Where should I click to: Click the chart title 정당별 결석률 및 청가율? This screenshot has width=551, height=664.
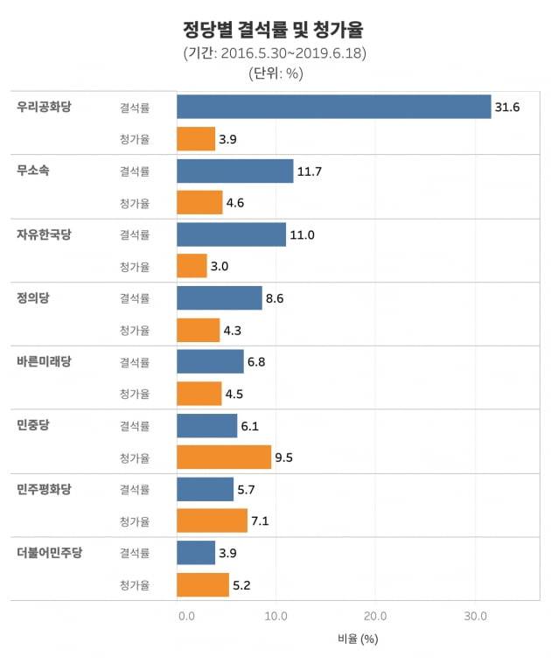275,30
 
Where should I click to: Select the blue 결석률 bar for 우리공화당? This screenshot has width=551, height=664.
333,107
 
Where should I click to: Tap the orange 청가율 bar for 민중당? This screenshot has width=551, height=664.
224,457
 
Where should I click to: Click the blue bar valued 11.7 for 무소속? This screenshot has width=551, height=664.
234,171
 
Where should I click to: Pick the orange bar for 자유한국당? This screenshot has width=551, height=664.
192,266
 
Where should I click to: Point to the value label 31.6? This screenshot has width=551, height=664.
507,108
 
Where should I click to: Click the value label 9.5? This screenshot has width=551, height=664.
283,458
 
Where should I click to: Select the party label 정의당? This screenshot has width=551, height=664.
33,297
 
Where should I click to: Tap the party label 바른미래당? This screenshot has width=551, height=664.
45,361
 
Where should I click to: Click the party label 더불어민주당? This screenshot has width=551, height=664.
50,552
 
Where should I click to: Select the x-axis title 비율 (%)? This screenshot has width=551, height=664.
357,640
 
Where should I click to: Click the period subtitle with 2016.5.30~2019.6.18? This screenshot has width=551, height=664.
275,53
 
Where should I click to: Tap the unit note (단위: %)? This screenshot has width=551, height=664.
275,73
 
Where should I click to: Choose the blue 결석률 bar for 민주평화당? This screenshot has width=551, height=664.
205,489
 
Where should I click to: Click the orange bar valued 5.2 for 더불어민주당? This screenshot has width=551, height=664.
202,584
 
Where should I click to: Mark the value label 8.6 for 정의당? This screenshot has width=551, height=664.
275,298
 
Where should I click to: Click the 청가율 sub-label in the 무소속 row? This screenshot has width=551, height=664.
135,203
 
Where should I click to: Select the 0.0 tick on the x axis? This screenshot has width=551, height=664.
186,616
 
